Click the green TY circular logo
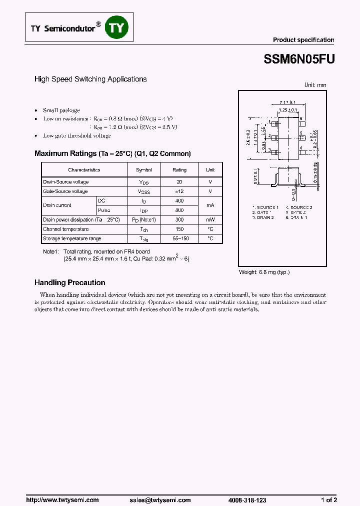[x=116, y=27]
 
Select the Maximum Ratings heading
[x=112, y=153]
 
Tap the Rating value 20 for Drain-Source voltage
[x=179, y=182]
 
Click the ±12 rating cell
[x=179, y=191]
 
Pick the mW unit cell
[x=210, y=220]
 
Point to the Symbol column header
[x=143, y=170]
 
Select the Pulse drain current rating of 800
[x=179, y=210]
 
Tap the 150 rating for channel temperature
[x=179, y=229]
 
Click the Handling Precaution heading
[x=69, y=282]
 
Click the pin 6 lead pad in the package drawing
[x=302, y=123]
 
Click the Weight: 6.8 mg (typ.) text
[x=264, y=272]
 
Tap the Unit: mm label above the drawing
[x=315, y=85]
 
